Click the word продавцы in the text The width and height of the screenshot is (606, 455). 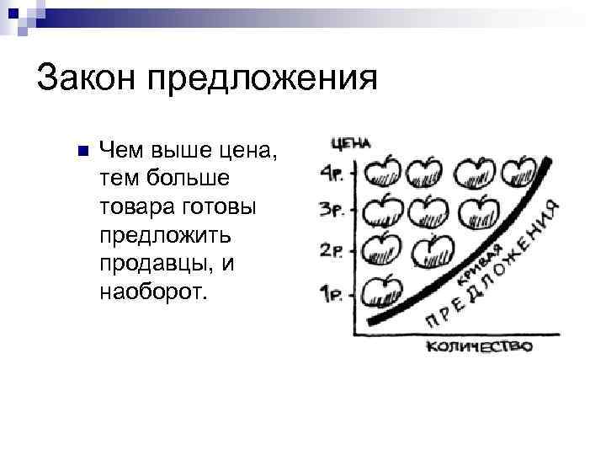click(x=153, y=265)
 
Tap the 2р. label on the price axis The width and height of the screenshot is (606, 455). click(x=331, y=250)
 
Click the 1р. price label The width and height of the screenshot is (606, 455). click(x=331, y=294)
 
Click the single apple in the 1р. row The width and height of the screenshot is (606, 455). click(x=383, y=291)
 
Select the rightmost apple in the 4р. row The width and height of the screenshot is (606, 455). click(x=520, y=173)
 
